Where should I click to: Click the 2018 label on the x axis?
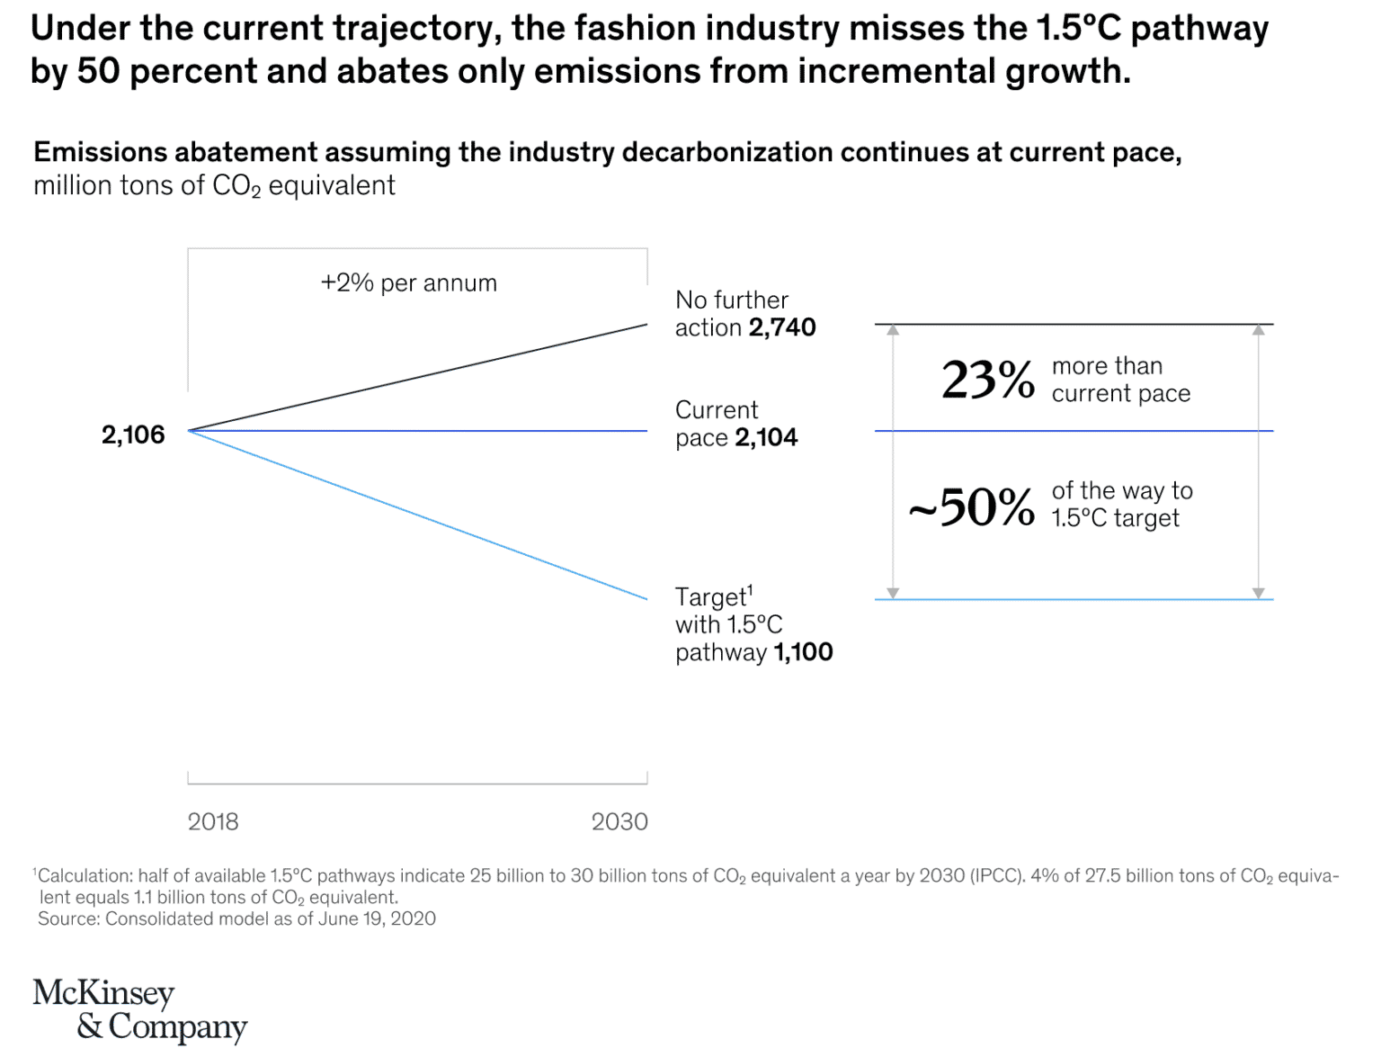click(213, 821)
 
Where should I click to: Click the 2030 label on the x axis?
click(619, 821)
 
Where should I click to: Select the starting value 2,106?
click(133, 435)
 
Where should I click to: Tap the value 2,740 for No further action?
click(782, 327)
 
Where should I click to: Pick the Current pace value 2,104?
click(766, 438)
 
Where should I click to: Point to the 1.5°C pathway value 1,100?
click(803, 652)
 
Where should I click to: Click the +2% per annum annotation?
click(409, 283)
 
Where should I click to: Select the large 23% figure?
click(988, 380)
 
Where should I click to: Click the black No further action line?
click(418, 377)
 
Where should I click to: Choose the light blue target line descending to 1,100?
click(418, 515)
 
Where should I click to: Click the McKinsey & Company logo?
click(139, 1009)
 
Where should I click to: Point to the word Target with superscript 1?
click(714, 597)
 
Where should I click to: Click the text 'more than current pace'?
click(1120, 380)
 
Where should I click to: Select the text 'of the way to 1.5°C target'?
click(1121, 505)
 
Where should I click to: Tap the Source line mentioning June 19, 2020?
click(236, 918)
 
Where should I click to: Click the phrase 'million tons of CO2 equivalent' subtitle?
click(214, 186)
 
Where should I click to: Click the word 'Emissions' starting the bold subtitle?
click(100, 152)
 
